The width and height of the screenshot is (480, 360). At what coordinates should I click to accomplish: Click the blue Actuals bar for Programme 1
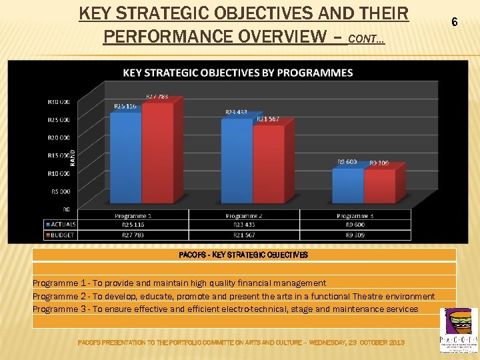pyautogui.click(x=126, y=160)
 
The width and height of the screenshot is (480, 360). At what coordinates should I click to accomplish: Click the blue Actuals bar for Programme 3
pyautogui.click(x=348, y=188)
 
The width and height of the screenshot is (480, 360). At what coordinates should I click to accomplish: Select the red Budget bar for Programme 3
pyautogui.click(x=379, y=189)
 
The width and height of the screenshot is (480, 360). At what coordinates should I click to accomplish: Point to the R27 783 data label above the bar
pyautogui.click(x=157, y=96)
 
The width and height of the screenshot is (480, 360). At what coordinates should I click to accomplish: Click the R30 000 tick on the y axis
pyautogui.click(x=57, y=102)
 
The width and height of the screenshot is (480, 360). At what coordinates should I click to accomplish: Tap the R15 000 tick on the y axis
pyautogui.click(x=57, y=156)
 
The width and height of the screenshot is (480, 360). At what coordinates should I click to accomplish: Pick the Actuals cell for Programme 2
pyautogui.click(x=243, y=225)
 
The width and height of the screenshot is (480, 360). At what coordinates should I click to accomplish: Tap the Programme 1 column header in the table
pyautogui.click(x=133, y=215)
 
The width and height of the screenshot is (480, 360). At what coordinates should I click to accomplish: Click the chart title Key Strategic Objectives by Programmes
pyautogui.click(x=237, y=73)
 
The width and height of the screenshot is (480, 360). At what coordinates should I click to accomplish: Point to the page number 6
pyautogui.click(x=455, y=22)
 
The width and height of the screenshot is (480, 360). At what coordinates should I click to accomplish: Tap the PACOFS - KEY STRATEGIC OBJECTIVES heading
pyautogui.click(x=243, y=255)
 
